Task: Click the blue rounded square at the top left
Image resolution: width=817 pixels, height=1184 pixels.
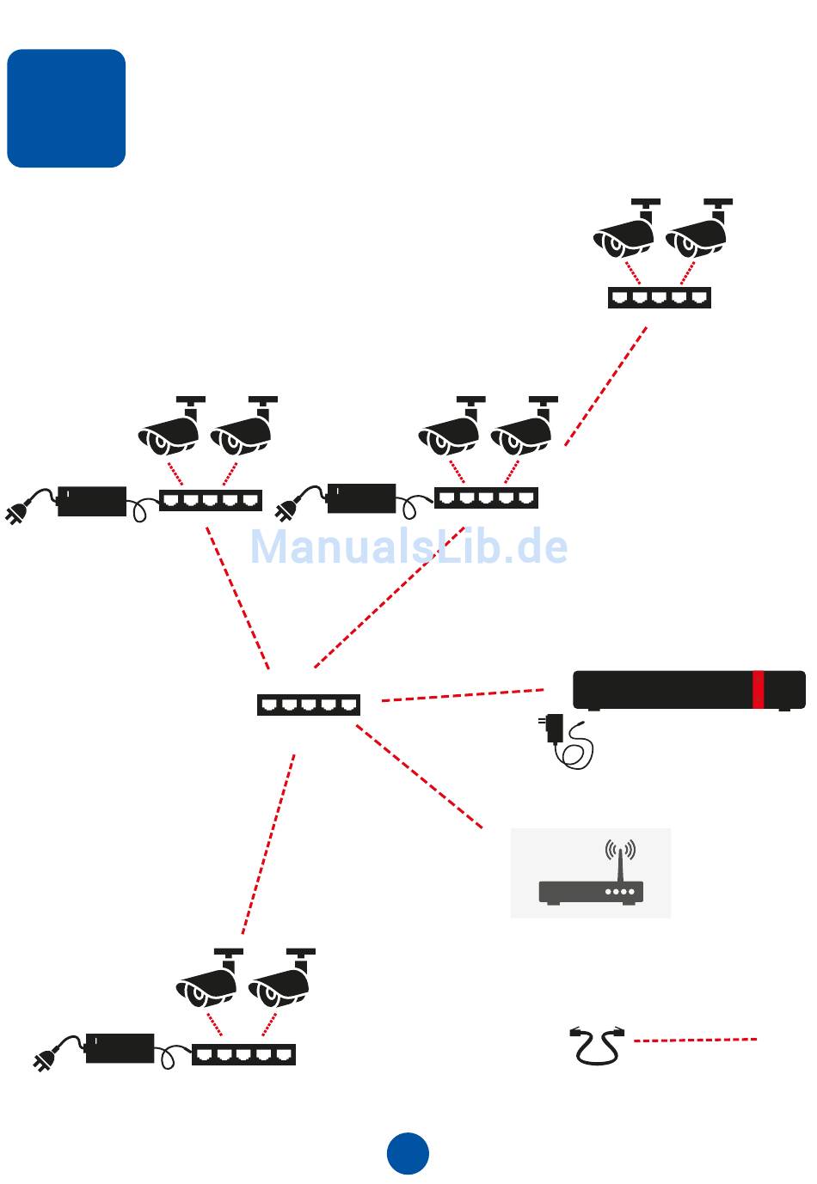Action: [x=66, y=108]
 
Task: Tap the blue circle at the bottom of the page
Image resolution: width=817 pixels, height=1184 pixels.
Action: [x=408, y=1153]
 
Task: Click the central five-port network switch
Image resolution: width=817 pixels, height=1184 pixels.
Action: [x=308, y=705]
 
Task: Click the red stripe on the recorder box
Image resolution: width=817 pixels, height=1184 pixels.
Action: [x=758, y=690]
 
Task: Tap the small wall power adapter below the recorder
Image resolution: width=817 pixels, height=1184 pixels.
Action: [x=555, y=728]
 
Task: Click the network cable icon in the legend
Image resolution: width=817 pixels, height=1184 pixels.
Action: [x=596, y=1045]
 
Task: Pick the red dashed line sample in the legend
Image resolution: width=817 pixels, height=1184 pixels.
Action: [x=695, y=1040]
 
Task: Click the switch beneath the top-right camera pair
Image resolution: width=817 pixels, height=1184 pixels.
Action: [x=659, y=297]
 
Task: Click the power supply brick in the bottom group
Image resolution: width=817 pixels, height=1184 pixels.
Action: [x=120, y=1049]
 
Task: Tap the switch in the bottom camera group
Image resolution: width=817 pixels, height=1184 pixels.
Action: [x=243, y=1054]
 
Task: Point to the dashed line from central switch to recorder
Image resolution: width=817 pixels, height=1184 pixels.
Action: [x=462, y=695]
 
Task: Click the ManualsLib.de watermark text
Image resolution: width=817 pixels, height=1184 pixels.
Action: [x=408, y=546]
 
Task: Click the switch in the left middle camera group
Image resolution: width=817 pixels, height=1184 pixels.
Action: [x=211, y=500]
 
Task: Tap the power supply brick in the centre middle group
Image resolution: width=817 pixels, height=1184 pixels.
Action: [x=361, y=498]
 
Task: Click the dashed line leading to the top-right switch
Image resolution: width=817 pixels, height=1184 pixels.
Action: [x=605, y=387]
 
